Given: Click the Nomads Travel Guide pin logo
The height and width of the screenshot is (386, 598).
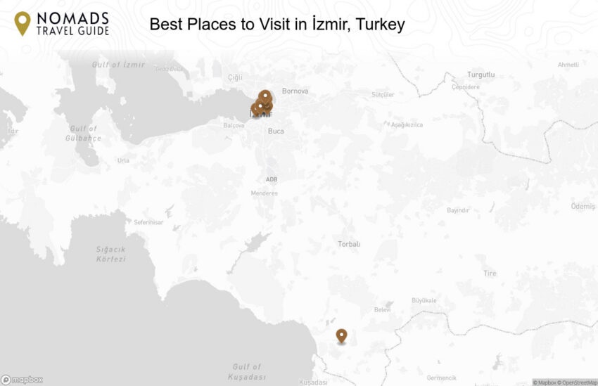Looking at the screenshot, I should (23, 23).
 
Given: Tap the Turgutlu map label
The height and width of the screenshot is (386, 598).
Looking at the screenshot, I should (481, 75).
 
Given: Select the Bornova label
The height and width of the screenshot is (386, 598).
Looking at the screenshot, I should (295, 91).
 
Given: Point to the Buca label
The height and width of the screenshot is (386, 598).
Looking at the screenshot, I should (276, 131).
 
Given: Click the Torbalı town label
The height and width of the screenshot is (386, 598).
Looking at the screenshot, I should (349, 244).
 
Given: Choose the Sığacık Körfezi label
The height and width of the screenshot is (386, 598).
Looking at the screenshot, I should (110, 254).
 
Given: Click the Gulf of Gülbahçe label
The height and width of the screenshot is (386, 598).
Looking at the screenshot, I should (84, 133).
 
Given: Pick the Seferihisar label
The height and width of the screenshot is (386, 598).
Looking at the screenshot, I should (148, 222).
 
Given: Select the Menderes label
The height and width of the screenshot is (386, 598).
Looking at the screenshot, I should (265, 193).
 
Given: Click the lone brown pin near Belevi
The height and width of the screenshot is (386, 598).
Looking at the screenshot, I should (341, 336).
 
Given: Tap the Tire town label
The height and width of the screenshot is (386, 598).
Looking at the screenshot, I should (490, 274).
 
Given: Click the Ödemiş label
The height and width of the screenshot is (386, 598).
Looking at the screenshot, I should (583, 206).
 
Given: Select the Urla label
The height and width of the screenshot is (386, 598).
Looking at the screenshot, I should (123, 160).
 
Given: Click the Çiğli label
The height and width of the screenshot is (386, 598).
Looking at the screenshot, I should (234, 77).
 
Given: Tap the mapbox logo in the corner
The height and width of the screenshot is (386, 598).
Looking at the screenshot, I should (22, 380).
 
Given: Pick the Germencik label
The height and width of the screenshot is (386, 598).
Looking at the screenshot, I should (441, 378).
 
